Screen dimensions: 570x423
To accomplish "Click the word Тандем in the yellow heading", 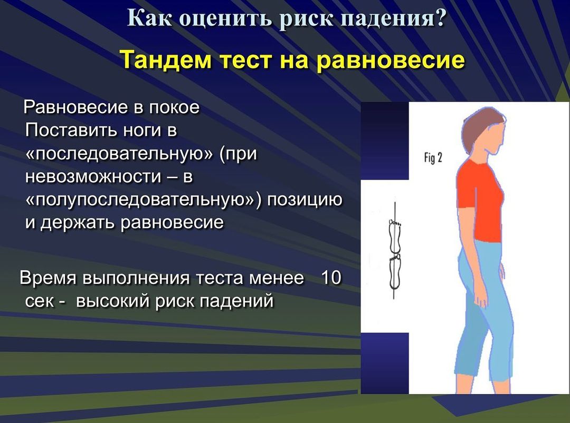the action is (166, 60).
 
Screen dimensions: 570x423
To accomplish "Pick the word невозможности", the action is (93, 176).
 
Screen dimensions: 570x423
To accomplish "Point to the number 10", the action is (331, 278).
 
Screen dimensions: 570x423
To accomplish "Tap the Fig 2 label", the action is (433, 158).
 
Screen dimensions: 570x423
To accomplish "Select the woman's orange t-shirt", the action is (479, 200).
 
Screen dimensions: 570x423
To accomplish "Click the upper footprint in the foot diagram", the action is (395, 237).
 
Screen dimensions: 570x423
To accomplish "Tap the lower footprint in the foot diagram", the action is (395, 272).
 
